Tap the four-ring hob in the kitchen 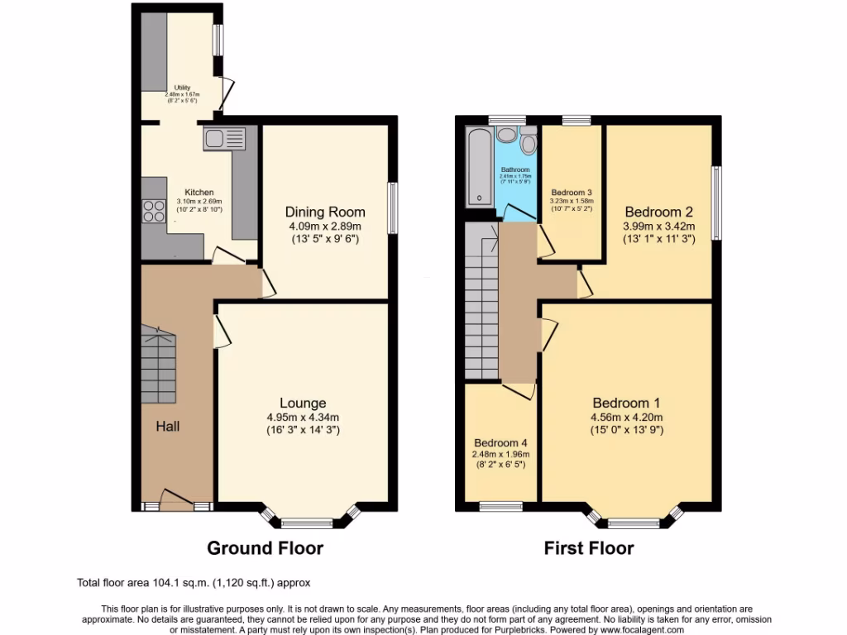point(154,211)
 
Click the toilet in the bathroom point(529,141)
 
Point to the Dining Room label point(324,211)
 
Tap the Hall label point(168,427)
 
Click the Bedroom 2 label point(658,211)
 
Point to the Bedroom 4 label point(501,442)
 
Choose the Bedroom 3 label point(571,192)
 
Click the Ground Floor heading point(265,547)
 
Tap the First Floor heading point(588,547)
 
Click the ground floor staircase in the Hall point(158,364)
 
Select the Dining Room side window point(393,208)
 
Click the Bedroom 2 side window point(716,203)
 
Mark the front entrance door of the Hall point(176,500)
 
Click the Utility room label point(182,88)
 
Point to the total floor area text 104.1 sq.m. point(194,582)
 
